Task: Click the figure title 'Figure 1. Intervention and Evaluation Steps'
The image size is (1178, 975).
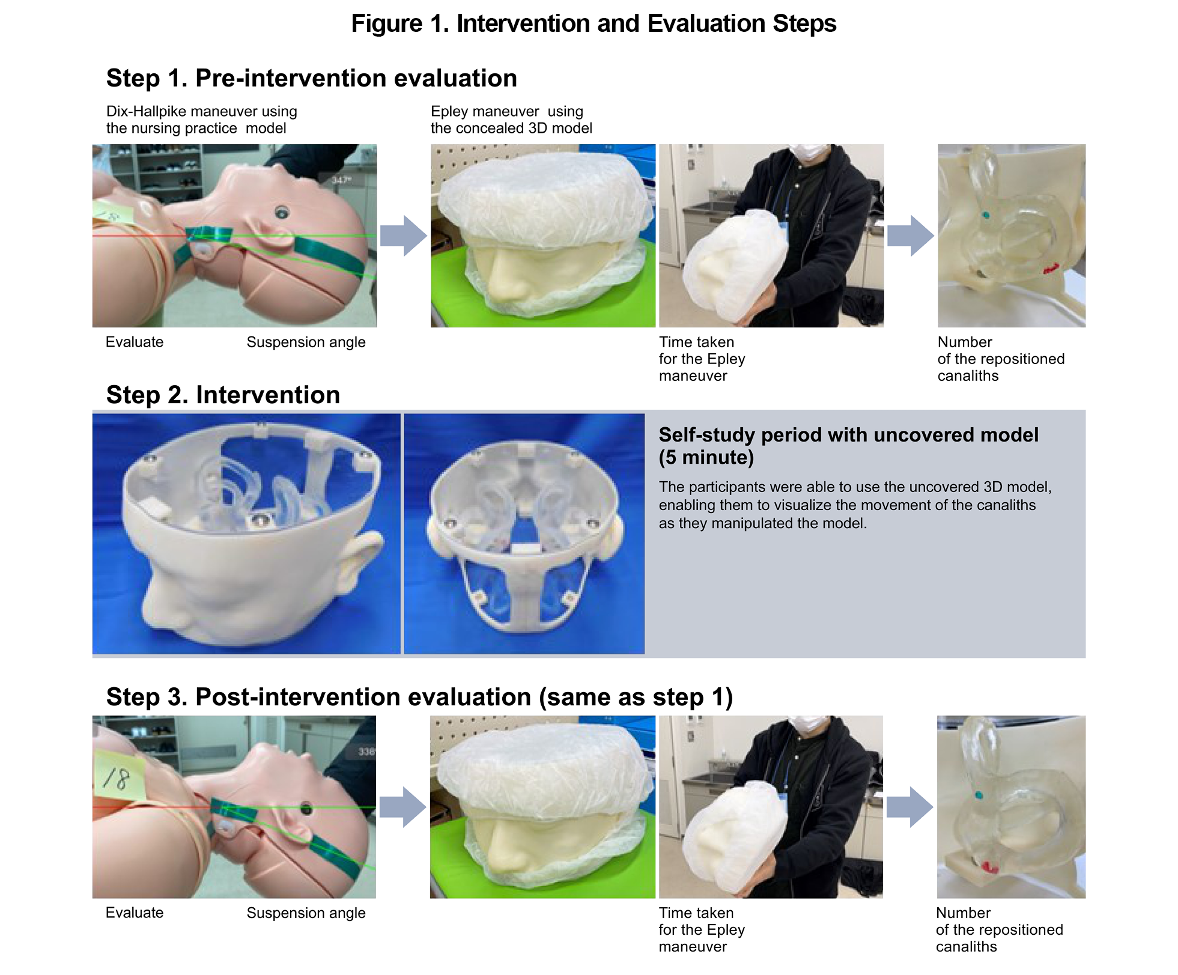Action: [x=593, y=24]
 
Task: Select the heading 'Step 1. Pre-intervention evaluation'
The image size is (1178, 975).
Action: [x=311, y=79]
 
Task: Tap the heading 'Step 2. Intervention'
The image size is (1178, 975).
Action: [x=223, y=395]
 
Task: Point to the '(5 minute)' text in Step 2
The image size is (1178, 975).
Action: [x=706, y=458]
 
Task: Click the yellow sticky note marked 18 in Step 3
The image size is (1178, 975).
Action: [x=119, y=779]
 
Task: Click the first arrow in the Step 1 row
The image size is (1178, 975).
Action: [x=403, y=236]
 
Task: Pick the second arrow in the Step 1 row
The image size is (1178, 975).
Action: [x=910, y=236]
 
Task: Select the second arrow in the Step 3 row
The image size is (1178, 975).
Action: [x=909, y=807]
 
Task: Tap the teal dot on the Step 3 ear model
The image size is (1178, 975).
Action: [x=979, y=795]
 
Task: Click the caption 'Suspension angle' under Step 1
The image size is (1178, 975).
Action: [x=306, y=342]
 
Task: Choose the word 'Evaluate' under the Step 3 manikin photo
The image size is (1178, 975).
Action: [x=135, y=913]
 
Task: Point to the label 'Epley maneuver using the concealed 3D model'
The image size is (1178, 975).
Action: [x=511, y=120]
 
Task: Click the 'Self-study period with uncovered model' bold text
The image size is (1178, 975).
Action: [x=848, y=435]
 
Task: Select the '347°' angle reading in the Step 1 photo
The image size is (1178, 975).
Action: [x=341, y=180]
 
